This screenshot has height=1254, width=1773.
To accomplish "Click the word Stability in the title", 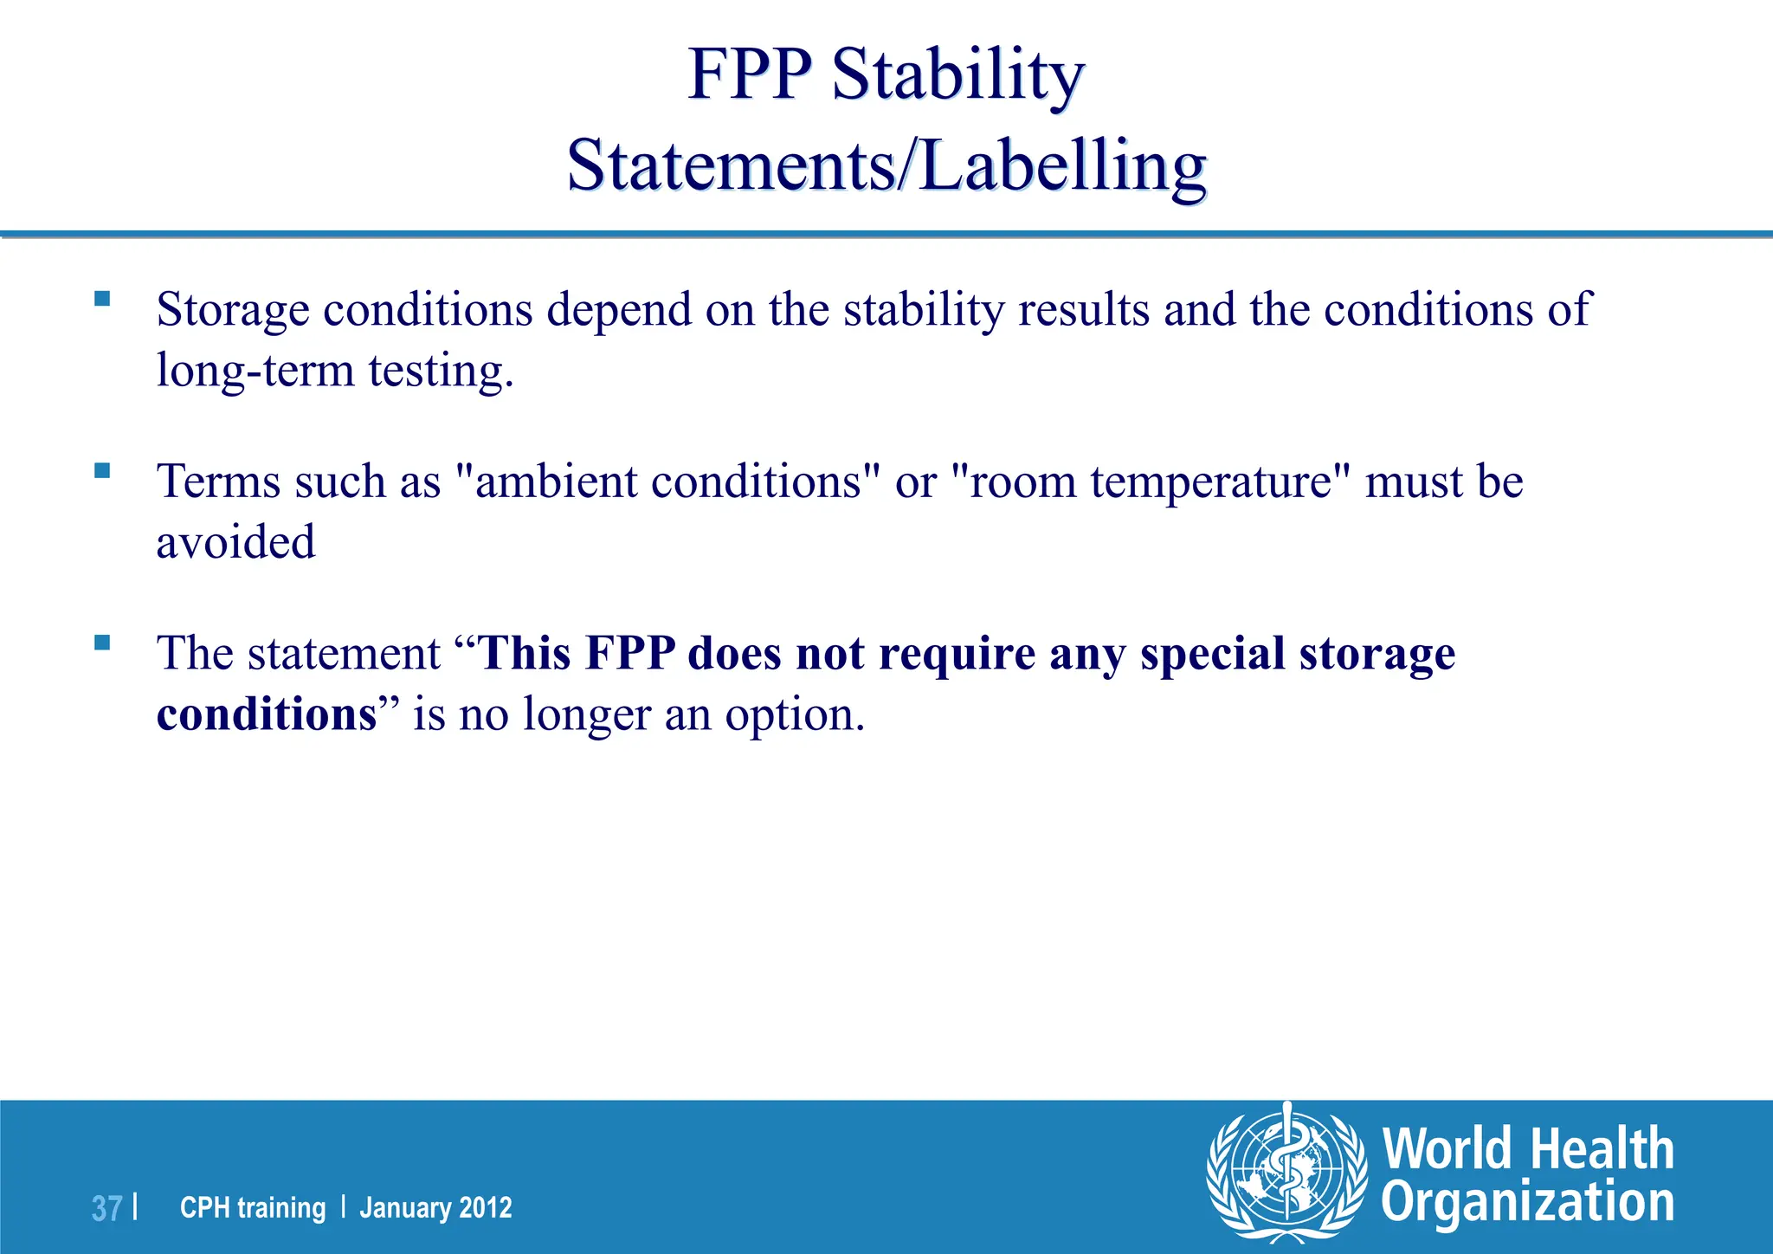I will (957, 76).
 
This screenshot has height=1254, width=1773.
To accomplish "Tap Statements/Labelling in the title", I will (886, 166).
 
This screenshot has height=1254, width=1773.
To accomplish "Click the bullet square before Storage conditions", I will (102, 299).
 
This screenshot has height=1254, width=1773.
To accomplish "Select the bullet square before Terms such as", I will (102, 470).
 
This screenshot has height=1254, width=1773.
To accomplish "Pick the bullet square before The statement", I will (102, 643).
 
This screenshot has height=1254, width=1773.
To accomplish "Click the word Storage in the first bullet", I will (233, 310).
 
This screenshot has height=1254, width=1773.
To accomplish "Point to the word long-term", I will (255, 371).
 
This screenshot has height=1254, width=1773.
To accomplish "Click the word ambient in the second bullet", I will (556, 482).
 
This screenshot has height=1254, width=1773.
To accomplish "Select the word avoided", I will (235, 543).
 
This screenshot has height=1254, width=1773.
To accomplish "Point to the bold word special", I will (1212, 653).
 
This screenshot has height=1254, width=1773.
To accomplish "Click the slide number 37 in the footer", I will (106, 1208).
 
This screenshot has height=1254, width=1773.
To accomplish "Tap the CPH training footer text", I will (253, 1207).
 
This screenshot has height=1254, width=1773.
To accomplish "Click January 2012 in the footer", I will (435, 1207).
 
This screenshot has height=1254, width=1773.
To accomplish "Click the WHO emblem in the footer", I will (1287, 1173).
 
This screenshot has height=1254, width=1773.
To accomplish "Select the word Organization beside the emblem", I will (1527, 1204).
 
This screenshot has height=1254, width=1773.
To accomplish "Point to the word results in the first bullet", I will (1084, 310).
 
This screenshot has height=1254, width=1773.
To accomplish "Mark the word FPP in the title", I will (750, 76).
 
